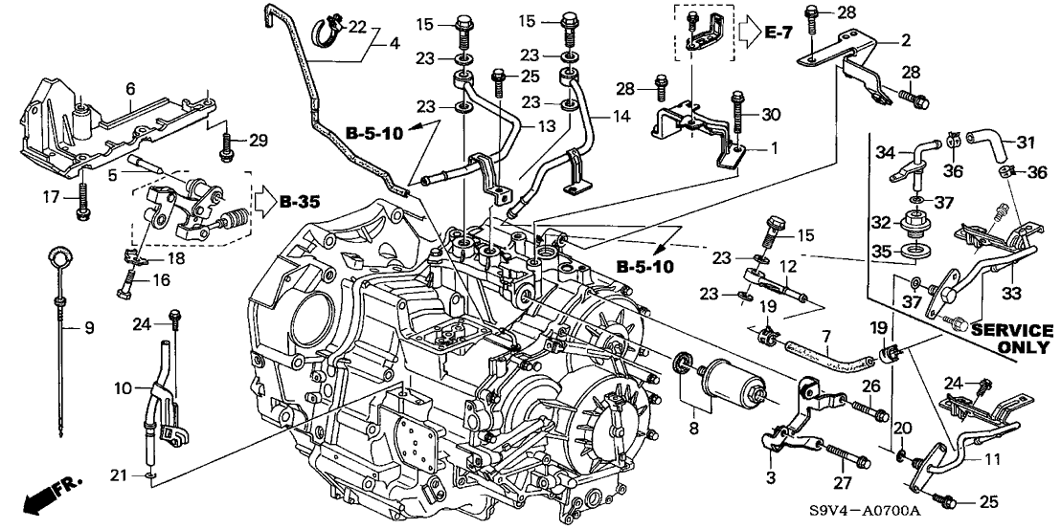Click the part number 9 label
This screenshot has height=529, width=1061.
pos(89,329)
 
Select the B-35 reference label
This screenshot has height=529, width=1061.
pos(301,202)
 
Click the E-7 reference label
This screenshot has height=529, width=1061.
pos(781,33)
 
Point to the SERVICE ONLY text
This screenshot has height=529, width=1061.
pos(1011,339)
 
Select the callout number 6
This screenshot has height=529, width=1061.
pos(130,88)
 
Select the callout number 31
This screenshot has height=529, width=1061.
pos(1027,143)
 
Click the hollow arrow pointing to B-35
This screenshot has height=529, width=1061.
pos(261,202)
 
